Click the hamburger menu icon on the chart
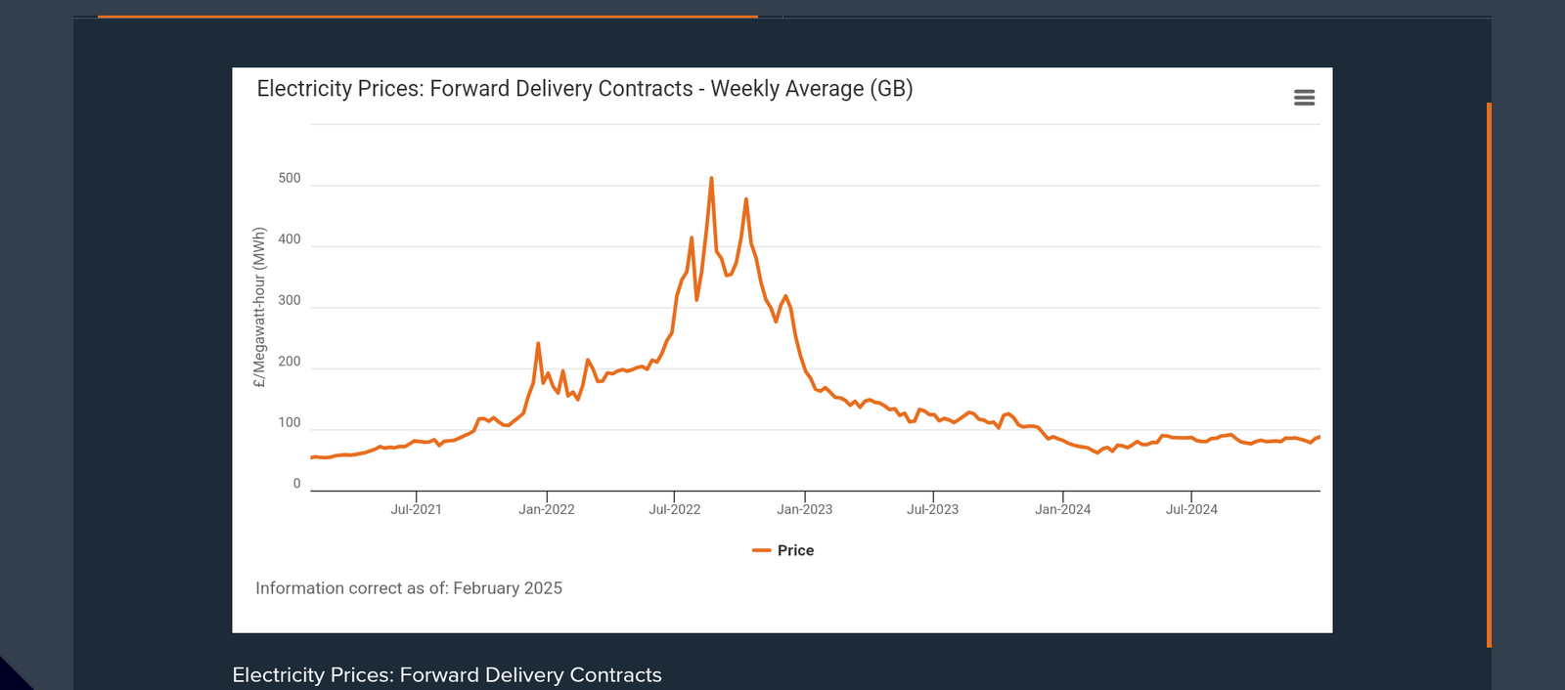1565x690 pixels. point(1304,98)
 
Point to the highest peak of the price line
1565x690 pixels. point(711,179)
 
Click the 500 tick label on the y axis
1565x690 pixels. point(290,179)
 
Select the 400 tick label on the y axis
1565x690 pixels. point(290,239)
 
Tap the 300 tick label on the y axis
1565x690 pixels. point(290,301)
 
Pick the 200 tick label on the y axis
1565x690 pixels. point(290,362)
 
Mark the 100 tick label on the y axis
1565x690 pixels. point(290,423)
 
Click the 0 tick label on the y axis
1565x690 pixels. point(297,484)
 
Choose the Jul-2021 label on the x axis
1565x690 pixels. point(416,509)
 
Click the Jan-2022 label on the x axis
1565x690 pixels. point(547,509)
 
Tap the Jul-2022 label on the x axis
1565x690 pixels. point(675,509)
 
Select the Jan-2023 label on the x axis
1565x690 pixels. point(805,509)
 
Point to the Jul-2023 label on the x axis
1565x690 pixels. point(932,509)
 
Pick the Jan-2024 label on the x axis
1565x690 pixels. point(1063,509)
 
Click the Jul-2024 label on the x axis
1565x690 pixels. point(1191,509)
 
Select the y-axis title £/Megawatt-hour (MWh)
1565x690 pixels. point(259,308)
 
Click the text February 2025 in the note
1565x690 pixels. point(508,588)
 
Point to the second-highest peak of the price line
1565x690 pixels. point(746,199)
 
